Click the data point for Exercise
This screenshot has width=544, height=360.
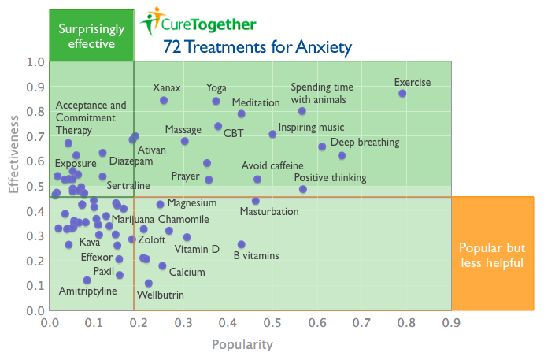click(402, 94)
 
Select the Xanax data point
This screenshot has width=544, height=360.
click(164, 100)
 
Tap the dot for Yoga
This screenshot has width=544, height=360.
click(216, 101)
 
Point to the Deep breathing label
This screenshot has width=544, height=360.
click(365, 143)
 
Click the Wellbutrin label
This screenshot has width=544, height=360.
click(161, 295)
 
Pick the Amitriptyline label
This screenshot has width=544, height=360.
click(87, 291)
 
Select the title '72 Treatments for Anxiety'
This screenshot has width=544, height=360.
click(257, 46)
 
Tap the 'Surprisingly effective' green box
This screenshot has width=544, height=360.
click(91, 36)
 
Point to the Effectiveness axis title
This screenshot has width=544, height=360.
click(13, 155)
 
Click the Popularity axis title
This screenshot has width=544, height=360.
click(242, 344)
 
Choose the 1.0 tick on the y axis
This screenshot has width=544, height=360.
click(35, 62)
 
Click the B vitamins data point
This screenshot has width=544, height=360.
click(242, 245)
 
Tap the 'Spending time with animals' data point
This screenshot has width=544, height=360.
click(302, 111)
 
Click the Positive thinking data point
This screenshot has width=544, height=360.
click(303, 189)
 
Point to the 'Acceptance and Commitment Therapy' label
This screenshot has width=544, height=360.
click(91, 117)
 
